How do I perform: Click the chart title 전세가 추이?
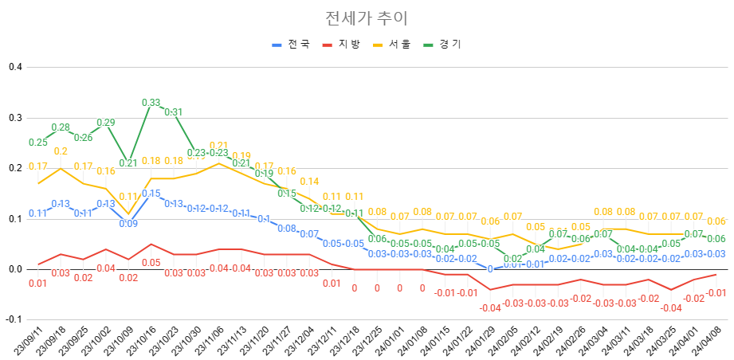click(367, 18)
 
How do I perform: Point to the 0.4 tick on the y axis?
click(14, 67)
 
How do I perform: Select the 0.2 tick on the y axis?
click(14, 168)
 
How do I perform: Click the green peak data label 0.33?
click(151, 102)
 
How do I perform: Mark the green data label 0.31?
click(173, 112)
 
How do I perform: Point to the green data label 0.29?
click(106, 123)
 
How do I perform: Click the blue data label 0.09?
click(128, 224)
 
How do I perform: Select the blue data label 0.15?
click(151, 194)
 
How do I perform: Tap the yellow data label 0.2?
click(61, 151)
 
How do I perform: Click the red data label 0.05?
click(151, 262)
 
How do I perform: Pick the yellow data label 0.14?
click(309, 182)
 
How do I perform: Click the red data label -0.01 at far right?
click(716, 292)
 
